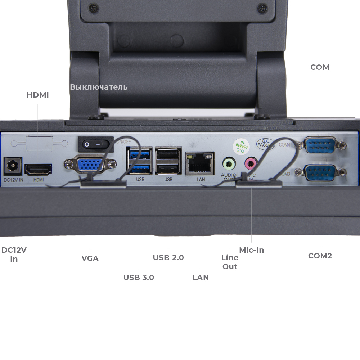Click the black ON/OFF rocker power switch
click(x=95, y=144)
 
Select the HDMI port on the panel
click(x=38, y=169)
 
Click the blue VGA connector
click(x=90, y=165)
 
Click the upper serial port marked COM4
click(x=320, y=145)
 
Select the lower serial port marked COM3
click(x=320, y=172)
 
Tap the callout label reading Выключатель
click(x=99, y=87)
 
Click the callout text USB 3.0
click(x=139, y=277)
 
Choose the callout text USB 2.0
click(x=168, y=257)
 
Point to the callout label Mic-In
click(x=252, y=250)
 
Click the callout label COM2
click(x=320, y=256)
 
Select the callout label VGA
click(x=90, y=258)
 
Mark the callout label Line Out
click(x=230, y=262)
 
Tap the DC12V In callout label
click(x=14, y=255)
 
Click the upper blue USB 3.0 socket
click(x=139, y=154)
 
